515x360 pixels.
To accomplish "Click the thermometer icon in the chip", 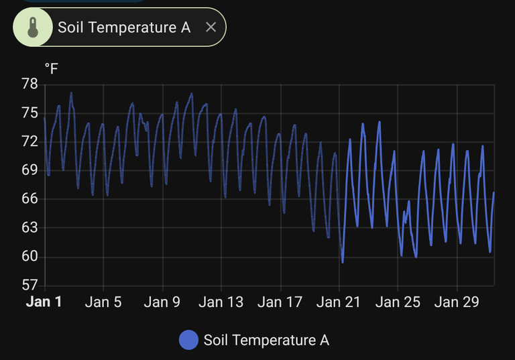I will [32, 27].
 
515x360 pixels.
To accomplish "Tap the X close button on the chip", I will [211, 27].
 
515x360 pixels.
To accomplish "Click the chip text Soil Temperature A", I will [124, 27].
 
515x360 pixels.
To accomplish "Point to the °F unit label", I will [51, 69].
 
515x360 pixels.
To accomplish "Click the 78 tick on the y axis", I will [30, 84].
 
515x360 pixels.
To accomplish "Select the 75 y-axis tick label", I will [30, 113].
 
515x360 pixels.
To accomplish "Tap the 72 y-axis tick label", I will [30, 142].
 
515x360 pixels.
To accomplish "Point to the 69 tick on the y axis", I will [30, 170].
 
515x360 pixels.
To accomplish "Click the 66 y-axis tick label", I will [30, 199].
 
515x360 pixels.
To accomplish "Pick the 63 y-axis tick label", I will [30, 228].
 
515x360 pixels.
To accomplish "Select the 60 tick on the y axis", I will [30, 257].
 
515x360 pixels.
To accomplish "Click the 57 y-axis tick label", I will [30, 286].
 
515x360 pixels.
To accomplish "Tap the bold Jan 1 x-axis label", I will [44, 302].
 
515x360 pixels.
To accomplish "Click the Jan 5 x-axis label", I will [103, 302].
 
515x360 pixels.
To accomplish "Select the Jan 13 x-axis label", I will [221, 302].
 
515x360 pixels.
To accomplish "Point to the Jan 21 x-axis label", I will [339, 302].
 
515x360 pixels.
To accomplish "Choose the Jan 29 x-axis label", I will [457, 302].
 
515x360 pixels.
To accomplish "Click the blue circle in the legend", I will [188, 341].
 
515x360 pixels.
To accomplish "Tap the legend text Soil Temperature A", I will [266, 341].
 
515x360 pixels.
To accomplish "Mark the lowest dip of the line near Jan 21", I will [343, 262].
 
